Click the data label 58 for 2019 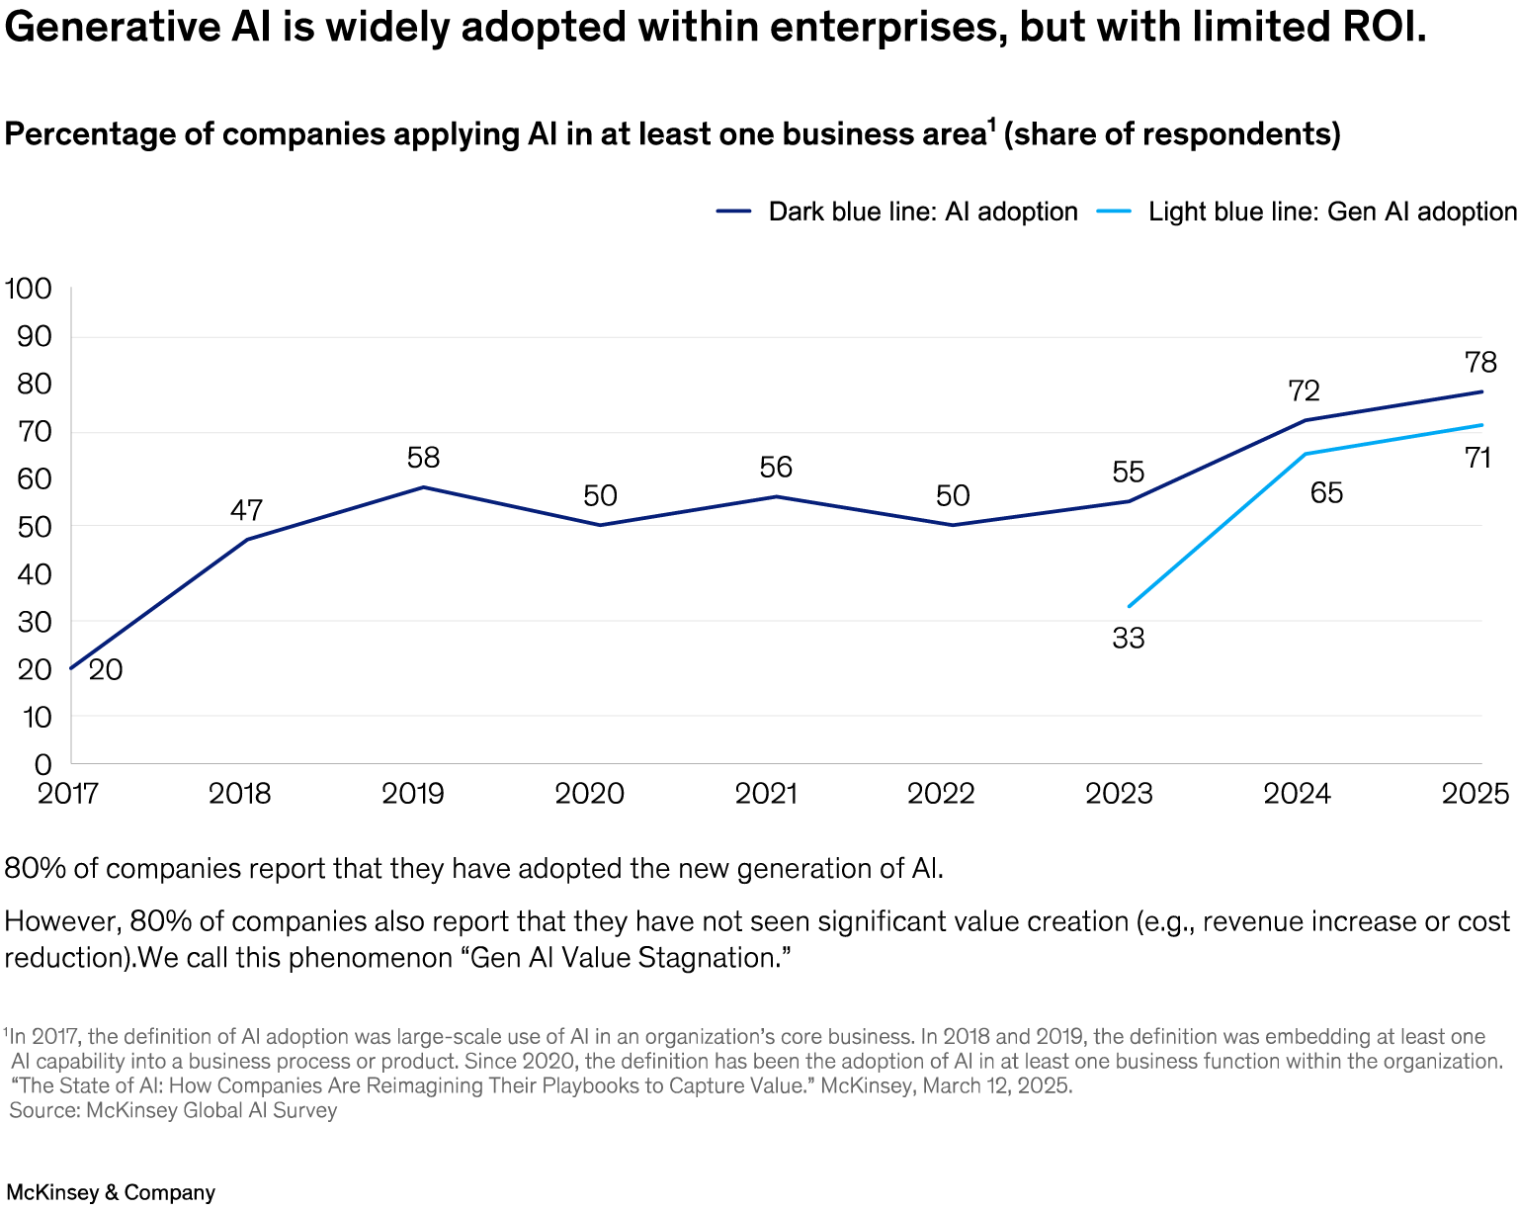(x=423, y=458)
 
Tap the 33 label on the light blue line (x=1128, y=639)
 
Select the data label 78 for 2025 (x=1480, y=362)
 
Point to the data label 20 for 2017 (x=106, y=670)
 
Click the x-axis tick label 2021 (x=767, y=794)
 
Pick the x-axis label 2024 (x=1299, y=794)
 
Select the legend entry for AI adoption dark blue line (x=896, y=212)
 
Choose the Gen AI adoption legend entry (x=1307, y=212)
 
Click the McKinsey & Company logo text (x=111, y=1192)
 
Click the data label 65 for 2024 (x=1326, y=492)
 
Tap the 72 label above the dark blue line (x=1305, y=391)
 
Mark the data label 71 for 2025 (x=1477, y=458)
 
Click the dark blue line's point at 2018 (x=246, y=539)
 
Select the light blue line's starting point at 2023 (x=1129, y=606)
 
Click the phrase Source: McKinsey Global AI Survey (x=173, y=1110)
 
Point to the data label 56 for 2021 (x=776, y=467)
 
